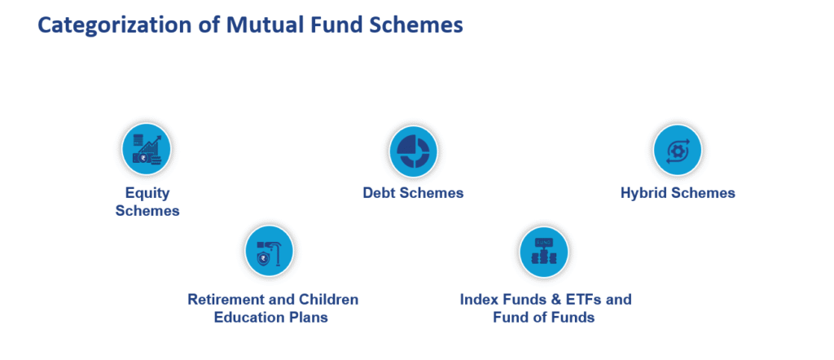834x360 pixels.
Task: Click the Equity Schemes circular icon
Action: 147,149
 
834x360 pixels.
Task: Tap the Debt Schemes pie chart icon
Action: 413,151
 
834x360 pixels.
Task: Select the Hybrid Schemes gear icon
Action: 677,150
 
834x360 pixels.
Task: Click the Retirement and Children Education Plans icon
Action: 269,251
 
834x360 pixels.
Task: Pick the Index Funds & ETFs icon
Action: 543,252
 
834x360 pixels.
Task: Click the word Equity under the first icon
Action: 147,193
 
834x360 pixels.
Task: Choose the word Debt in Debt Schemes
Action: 378,192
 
